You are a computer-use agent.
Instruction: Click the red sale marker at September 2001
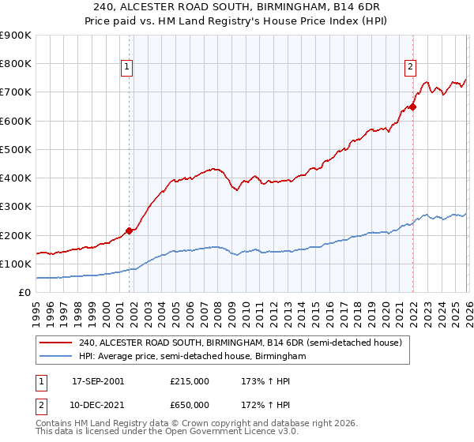click(x=129, y=231)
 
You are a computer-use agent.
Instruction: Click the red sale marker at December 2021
click(x=412, y=107)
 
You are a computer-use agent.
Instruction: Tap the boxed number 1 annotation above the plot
click(x=127, y=68)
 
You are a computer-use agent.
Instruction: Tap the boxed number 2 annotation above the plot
click(x=411, y=68)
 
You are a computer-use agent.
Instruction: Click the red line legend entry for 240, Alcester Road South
click(x=241, y=343)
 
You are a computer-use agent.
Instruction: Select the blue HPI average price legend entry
click(x=192, y=357)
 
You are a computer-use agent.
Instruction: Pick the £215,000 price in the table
click(x=190, y=381)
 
